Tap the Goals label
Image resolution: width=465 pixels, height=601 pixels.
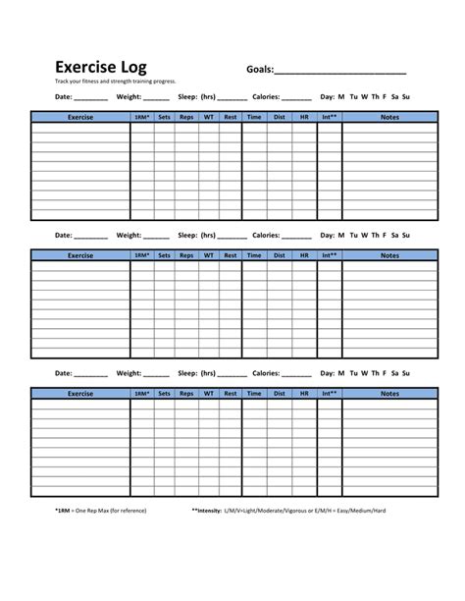(259, 70)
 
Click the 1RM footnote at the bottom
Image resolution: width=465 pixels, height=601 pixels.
(100, 510)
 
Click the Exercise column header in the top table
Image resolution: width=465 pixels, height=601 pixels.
(80, 117)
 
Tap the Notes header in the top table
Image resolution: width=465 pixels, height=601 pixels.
(389, 117)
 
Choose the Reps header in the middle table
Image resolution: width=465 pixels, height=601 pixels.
(186, 255)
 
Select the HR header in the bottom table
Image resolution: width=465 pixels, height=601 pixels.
(304, 394)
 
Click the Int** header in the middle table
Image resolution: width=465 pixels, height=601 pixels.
(330, 255)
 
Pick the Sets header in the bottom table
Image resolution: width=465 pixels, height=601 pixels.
(164, 394)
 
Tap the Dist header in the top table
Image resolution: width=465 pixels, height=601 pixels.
(280, 117)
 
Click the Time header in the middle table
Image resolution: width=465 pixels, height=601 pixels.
(254, 255)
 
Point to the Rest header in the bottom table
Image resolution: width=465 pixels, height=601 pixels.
(230, 394)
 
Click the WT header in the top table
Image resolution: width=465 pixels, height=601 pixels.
(208, 117)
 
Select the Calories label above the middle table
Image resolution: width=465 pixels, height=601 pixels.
(266, 236)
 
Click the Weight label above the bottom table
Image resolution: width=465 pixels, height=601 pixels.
(129, 374)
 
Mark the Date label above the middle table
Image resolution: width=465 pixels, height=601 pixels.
(64, 236)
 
